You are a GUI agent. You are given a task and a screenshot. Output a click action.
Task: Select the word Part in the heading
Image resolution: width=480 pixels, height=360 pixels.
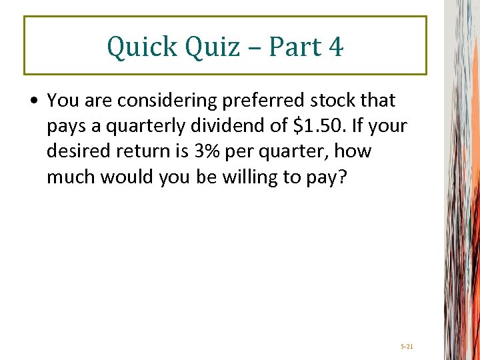pos(288,47)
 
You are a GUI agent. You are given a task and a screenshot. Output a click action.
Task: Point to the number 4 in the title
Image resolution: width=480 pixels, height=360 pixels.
pos(335,47)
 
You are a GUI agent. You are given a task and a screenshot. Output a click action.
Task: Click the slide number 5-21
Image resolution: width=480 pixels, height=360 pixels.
pos(407,347)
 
